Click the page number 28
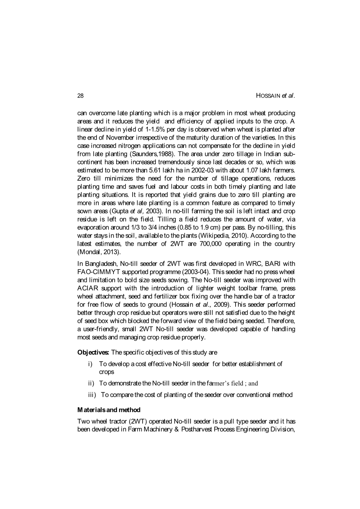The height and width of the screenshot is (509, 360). pos(80,96)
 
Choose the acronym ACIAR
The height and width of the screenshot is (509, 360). pos(87,288)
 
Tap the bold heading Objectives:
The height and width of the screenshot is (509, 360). pos(93,352)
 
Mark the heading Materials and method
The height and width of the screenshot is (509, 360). pos(108,410)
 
